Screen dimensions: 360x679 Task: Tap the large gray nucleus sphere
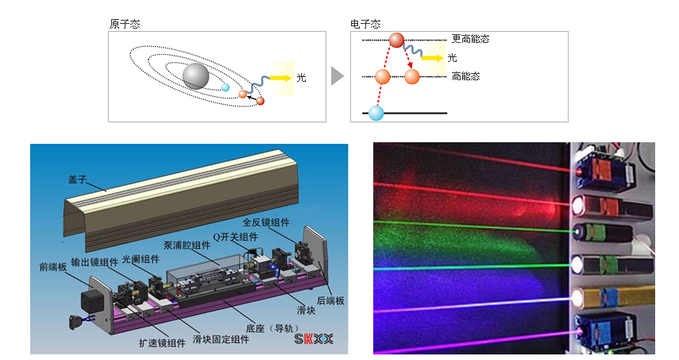pyautogui.click(x=195, y=76)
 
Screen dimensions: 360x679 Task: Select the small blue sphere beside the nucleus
pyautogui.click(x=226, y=87)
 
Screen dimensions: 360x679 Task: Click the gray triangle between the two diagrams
pyautogui.click(x=338, y=76)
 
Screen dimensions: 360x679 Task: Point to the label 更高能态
pyautogui.click(x=470, y=38)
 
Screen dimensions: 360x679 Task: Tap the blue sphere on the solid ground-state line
pyautogui.click(x=376, y=113)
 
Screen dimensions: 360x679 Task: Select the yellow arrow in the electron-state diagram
pyautogui.click(x=432, y=57)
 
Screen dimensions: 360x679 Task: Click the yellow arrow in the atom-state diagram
pyautogui.click(x=280, y=78)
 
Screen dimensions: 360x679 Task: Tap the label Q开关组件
pyautogui.click(x=236, y=236)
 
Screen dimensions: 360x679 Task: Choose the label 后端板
pyautogui.click(x=329, y=300)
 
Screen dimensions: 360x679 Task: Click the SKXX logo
pyautogui.click(x=314, y=339)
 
